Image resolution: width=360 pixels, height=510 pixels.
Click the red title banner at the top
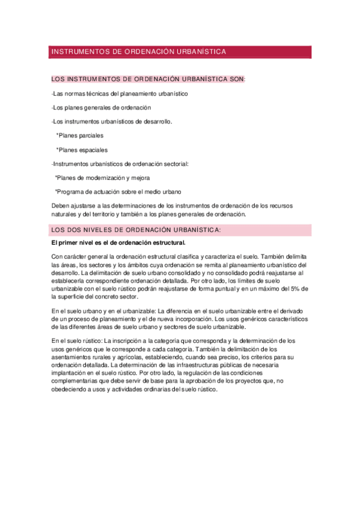tap(180, 52)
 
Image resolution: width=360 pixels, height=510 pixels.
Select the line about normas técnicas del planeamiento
tap(120, 94)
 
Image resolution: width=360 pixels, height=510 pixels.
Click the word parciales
tap(90, 135)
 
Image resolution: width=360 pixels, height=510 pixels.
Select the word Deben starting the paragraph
tap(61, 206)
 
